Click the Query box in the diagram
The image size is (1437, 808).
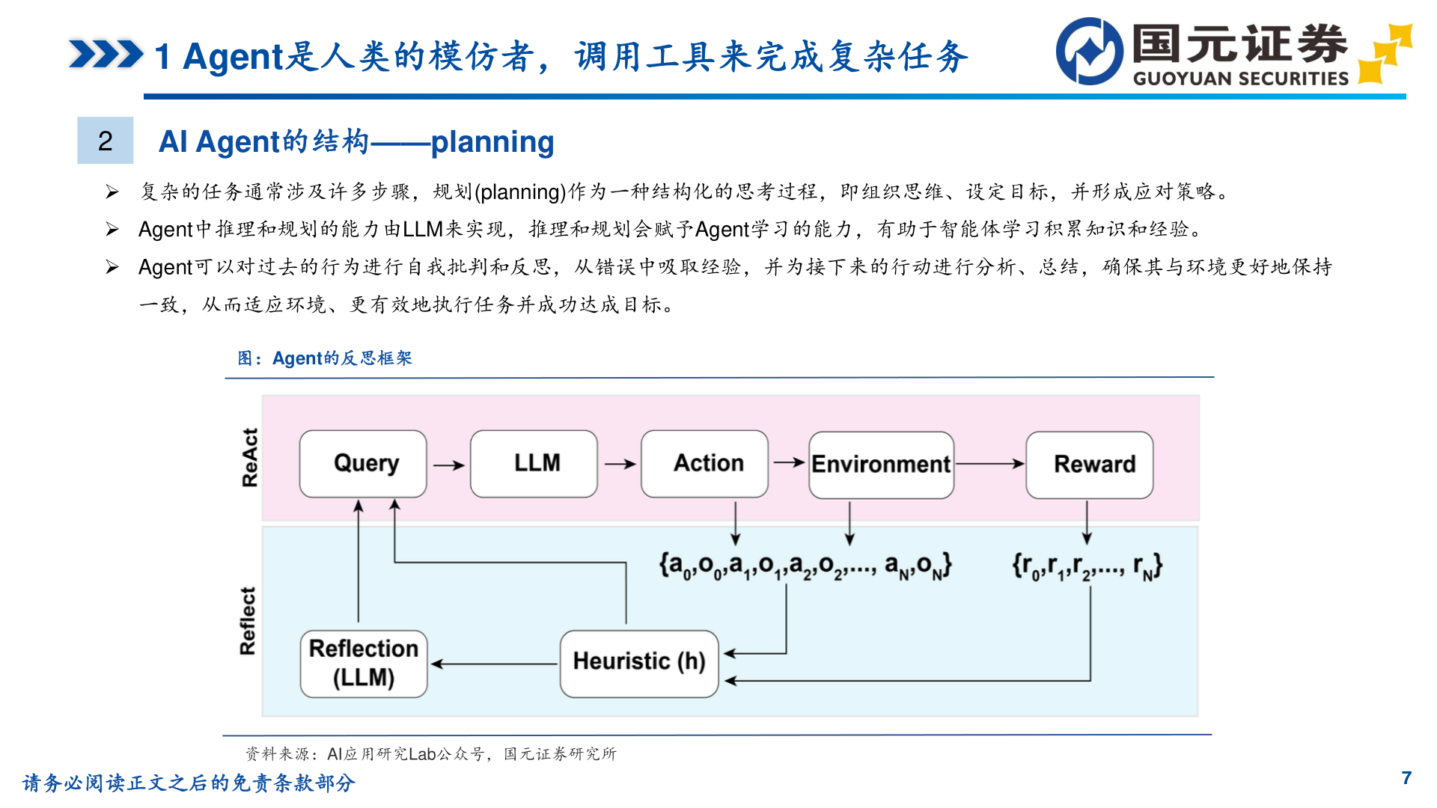pyautogui.click(x=363, y=464)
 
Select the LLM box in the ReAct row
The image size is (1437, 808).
pyautogui.click(x=534, y=464)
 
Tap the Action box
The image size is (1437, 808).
pyautogui.click(x=704, y=464)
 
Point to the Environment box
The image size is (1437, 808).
pyautogui.click(x=881, y=465)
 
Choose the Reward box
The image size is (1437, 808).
pyautogui.click(x=1089, y=465)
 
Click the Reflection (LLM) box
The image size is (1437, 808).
pyautogui.click(x=364, y=664)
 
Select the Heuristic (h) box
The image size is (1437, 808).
pyautogui.click(x=639, y=664)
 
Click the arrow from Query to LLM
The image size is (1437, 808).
pyautogui.click(x=448, y=465)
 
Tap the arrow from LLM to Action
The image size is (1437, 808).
pyautogui.click(x=620, y=464)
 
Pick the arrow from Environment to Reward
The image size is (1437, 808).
pyautogui.click(x=989, y=464)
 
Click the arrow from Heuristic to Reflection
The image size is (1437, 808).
pyautogui.click(x=494, y=664)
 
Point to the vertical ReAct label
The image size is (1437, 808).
pyautogui.click(x=250, y=457)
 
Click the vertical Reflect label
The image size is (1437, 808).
pyautogui.click(x=248, y=621)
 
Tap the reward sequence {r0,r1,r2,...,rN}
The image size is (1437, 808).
pyautogui.click(x=1087, y=566)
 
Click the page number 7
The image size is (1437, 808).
pyautogui.click(x=1406, y=778)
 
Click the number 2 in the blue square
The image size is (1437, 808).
pyautogui.click(x=106, y=141)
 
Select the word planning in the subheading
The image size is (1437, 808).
pyautogui.click(x=492, y=141)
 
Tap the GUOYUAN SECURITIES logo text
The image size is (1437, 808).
pyautogui.click(x=1240, y=79)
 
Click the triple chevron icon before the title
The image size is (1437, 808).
pyautogui.click(x=106, y=55)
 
